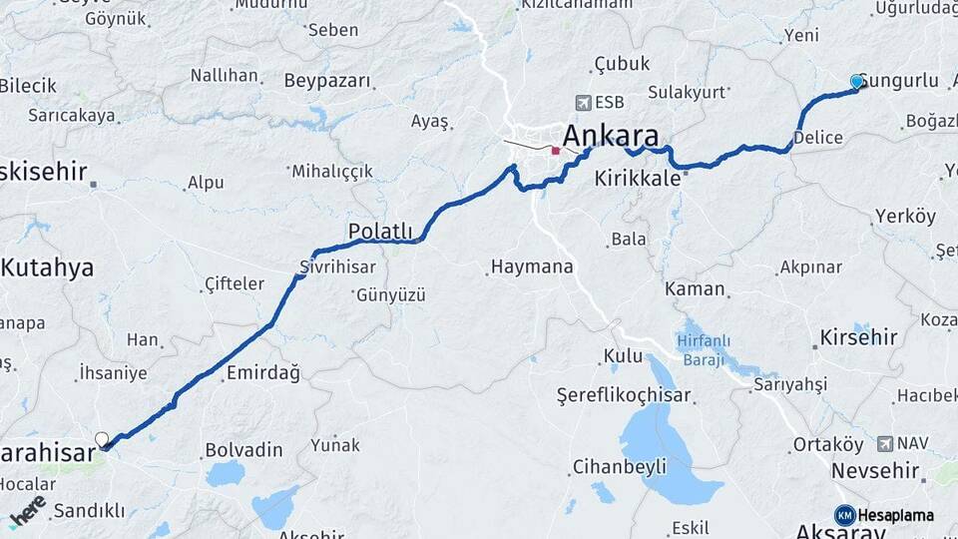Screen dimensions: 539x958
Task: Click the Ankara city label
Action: tap(611, 136)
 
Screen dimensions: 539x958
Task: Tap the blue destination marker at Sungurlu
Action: tap(856, 82)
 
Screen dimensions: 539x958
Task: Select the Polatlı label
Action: tap(380, 232)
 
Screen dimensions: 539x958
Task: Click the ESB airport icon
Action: tap(584, 102)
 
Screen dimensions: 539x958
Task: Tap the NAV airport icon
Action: tap(885, 442)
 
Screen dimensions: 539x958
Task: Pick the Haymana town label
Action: tap(532, 268)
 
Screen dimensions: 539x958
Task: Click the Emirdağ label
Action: tap(263, 372)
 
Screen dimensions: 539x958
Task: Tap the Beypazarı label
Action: tap(327, 81)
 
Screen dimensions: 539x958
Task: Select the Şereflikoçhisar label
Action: tap(624, 395)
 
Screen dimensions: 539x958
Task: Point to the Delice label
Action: tap(818, 138)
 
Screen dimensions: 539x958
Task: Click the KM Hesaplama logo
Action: tap(884, 515)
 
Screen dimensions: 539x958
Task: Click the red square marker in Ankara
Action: tap(556, 151)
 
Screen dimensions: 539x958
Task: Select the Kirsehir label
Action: tap(858, 337)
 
